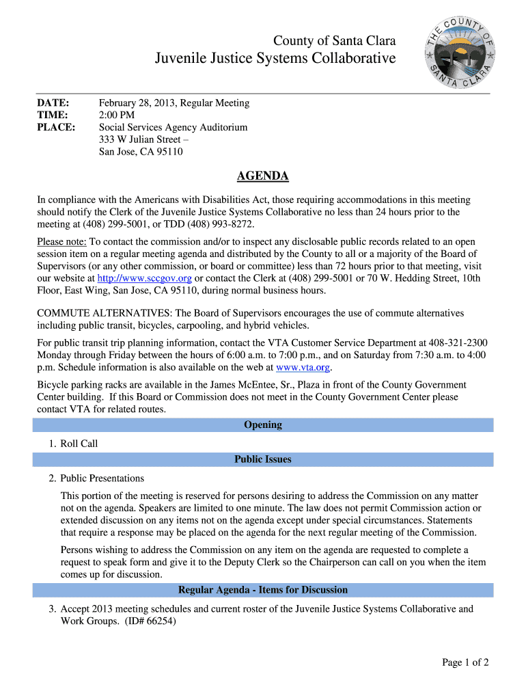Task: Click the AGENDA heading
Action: [262, 177]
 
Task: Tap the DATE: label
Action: [53, 103]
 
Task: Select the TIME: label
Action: [53, 116]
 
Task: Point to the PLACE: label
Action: [56, 128]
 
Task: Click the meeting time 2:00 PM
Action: [117, 116]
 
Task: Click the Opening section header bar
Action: [263, 425]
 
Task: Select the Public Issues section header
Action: [263, 459]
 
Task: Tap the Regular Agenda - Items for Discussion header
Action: [263, 590]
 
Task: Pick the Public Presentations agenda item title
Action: [102, 479]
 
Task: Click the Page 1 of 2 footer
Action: [465, 662]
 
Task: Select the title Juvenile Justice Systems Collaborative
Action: [275, 59]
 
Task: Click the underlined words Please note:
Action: [62, 242]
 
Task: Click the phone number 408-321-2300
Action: [458, 343]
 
